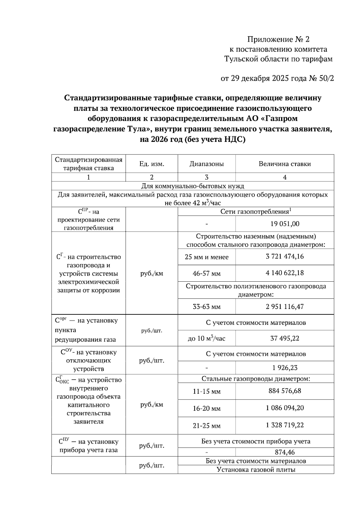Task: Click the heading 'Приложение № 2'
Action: click(278, 39)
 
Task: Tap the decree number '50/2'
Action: click(325, 79)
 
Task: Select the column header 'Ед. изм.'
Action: click(151, 164)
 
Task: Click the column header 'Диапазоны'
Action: click(206, 164)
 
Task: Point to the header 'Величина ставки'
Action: click(285, 164)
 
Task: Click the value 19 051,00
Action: click(285, 224)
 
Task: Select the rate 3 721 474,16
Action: click(285, 256)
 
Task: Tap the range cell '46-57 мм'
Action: click(206, 274)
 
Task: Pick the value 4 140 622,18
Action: click(285, 273)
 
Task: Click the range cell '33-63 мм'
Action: click(206, 307)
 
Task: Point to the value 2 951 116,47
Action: click(285, 307)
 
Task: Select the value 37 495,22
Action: click(285, 338)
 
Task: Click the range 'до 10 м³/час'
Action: click(206, 339)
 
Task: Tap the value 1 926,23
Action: click(285, 368)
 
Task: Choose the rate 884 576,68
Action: click(285, 391)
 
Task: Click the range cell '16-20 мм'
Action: click(206, 409)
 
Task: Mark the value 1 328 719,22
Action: click(285, 425)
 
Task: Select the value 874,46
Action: click(285, 452)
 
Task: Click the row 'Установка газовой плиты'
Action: click(256, 470)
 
